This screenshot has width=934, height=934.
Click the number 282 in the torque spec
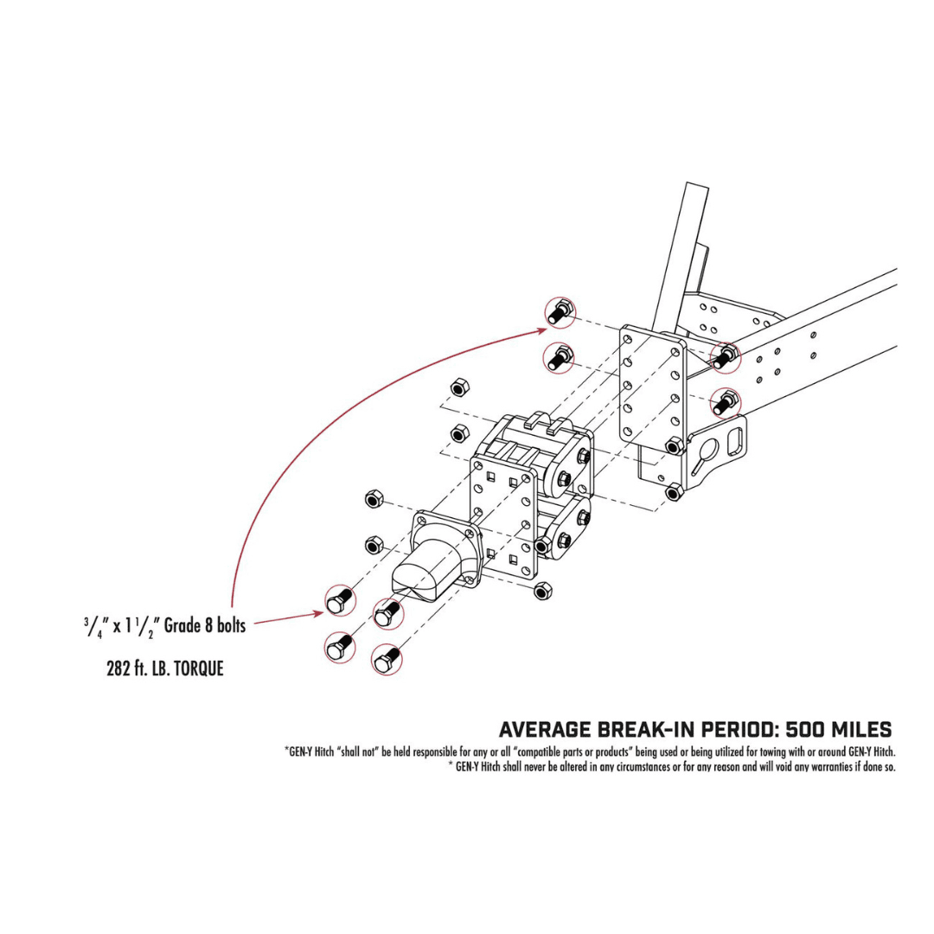click(x=121, y=669)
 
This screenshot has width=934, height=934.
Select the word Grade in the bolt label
click(x=182, y=625)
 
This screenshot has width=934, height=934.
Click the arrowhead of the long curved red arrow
click(x=541, y=328)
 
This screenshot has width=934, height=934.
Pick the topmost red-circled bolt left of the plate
click(x=560, y=310)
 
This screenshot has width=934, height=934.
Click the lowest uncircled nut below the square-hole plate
click(x=542, y=591)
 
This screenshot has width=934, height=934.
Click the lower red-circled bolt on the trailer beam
click(x=725, y=401)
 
